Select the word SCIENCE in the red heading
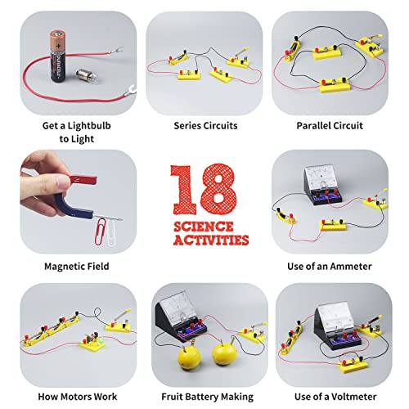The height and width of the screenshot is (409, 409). [x=204, y=225]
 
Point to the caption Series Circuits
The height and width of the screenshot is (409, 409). [x=204, y=126]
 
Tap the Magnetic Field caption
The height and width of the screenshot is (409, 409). [x=75, y=266]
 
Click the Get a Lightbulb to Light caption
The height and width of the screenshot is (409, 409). [x=75, y=133]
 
